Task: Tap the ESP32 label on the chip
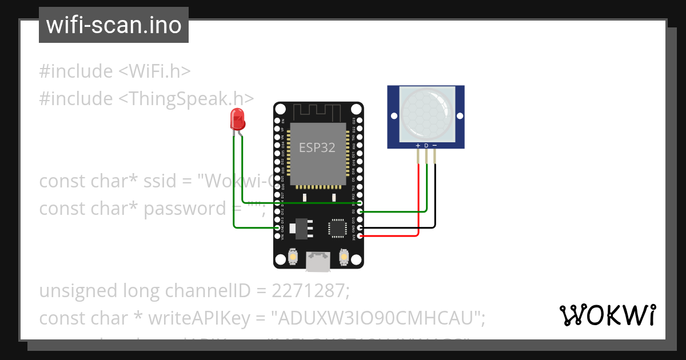click(x=317, y=147)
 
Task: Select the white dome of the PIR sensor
click(x=426, y=114)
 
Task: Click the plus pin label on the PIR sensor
click(x=418, y=146)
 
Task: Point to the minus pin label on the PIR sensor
click(x=435, y=146)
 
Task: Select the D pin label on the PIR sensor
click(x=426, y=146)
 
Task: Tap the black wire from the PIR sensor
click(x=436, y=194)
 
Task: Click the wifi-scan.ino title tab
click(x=114, y=25)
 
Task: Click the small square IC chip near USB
click(x=337, y=227)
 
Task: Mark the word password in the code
click(x=185, y=209)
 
